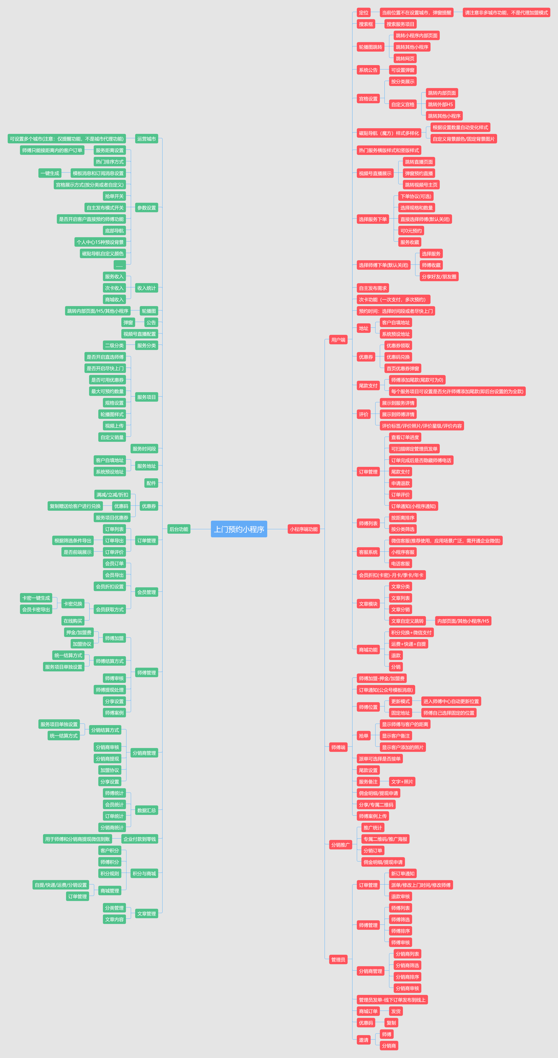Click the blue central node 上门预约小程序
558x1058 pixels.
coord(239,529)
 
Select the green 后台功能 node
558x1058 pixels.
coord(179,529)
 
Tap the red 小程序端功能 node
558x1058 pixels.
coord(304,529)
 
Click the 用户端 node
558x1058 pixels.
coord(338,340)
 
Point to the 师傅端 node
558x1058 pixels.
coord(338,747)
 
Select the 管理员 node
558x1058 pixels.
coord(338,959)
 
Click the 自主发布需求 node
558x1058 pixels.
coord(373,288)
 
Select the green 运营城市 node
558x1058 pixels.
coord(146,139)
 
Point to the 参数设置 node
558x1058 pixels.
coord(146,208)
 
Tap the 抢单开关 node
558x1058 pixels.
coord(114,196)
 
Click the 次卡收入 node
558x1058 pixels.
coord(114,288)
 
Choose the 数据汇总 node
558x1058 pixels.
coord(146,810)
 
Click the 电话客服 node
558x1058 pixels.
coord(400,563)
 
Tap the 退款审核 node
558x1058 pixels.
coord(400,897)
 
